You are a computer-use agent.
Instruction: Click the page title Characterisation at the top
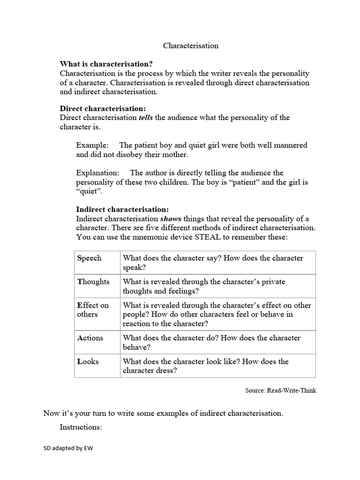coord(191,45)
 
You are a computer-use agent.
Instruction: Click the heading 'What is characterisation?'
coord(106,64)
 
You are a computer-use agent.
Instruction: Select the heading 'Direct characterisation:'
coord(103,108)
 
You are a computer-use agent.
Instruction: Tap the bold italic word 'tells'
coord(145,118)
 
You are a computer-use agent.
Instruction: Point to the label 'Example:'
coord(92,145)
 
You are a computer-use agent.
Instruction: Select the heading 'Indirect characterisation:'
coord(122,210)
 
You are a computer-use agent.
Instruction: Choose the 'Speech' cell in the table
coord(90,258)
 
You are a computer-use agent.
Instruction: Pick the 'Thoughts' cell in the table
coord(93,282)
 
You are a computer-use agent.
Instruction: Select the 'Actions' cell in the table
coord(90,338)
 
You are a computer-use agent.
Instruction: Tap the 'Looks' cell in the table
coord(88,361)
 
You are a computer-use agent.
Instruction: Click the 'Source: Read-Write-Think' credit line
coord(280,390)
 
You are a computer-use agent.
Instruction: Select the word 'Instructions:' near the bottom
coord(81,427)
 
